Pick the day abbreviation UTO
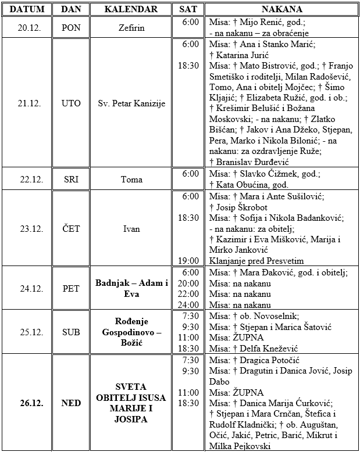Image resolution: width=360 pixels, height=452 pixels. point(72,104)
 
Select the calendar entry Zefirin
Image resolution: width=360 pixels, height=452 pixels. point(131,28)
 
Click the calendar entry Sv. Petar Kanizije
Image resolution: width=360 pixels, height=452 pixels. point(131,104)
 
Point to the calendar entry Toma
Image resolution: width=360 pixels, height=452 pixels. point(131,180)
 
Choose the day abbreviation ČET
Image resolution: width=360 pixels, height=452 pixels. point(72,229)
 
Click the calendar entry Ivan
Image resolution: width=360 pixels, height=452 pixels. point(131,229)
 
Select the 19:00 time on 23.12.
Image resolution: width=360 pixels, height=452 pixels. point(189,261)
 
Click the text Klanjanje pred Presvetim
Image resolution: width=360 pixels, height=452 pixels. point(256,261)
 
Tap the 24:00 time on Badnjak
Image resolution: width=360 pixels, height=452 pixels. point(189,304)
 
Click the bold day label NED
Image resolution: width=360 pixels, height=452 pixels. point(72,403)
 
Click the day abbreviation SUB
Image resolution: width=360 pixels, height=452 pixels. point(72,332)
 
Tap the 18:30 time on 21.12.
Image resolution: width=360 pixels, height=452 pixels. point(189,66)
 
